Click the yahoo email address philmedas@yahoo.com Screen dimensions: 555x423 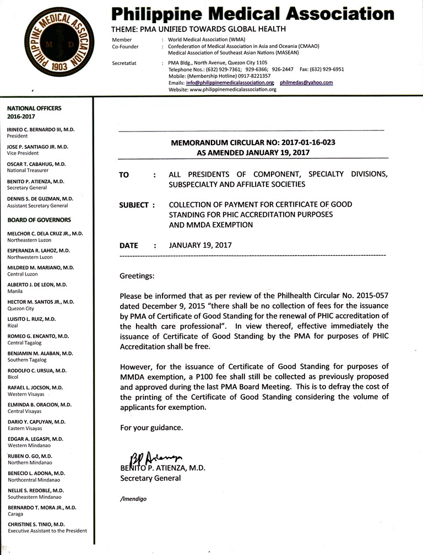(x=306, y=83)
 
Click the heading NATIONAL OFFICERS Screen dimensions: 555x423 (x=34, y=108)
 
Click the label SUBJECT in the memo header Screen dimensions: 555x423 (x=134, y=205)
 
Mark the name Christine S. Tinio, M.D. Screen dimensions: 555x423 (x=36, y=524)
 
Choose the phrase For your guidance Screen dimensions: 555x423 (x=151, y=427)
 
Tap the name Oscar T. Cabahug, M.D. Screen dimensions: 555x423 (x=36, y=164)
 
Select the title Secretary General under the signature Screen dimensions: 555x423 (x=150, y=478)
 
